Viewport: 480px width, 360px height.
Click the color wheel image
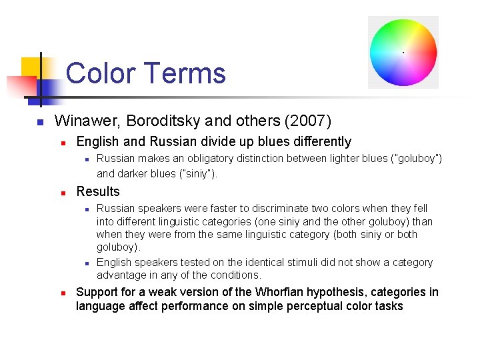[x=403, y=53]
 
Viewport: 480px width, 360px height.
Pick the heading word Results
[x=98, y=192]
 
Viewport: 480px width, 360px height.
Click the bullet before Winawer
[x=40, y=123]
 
